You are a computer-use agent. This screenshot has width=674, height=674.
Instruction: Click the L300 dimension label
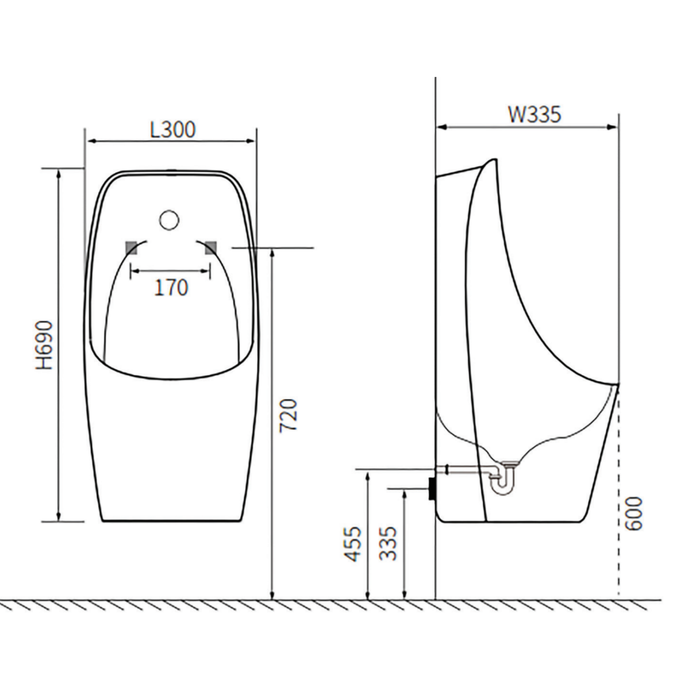173,129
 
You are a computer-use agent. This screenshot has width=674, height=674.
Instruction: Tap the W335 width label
534,114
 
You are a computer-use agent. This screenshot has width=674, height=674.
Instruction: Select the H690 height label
44,345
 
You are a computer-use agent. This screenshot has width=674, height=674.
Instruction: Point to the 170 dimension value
171,287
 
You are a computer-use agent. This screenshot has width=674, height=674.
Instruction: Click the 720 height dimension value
288,415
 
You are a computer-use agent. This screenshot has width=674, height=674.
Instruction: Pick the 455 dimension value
353,544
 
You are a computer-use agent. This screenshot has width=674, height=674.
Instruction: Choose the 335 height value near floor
388,544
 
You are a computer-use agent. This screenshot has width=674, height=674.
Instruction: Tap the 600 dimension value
633,514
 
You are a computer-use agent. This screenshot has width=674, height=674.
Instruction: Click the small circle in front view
169,219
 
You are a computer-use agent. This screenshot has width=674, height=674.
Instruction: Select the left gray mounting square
131,248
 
